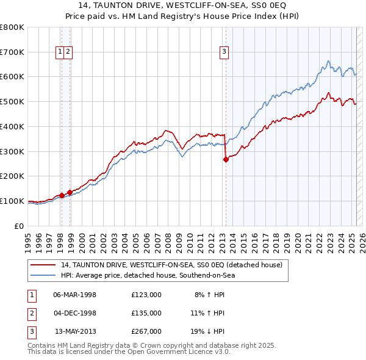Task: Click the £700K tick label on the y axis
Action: pyautogui.click(x=12, y=52)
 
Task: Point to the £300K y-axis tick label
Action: pyautogui.click(x=12, y=151)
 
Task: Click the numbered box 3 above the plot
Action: pyautogui.click(x=224, y=52)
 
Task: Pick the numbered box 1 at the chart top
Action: pyautogui.click(x=60, y=52)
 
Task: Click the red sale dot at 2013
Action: pyautogui.click(x=226, y=159)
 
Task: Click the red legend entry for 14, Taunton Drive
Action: pyautogui.click(x=171, y=265)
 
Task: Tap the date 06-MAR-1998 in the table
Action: pyautogui.click(x=75, y=294)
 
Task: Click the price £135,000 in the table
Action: pyautogui.click(x=146, y=313)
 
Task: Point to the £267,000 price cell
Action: pyautogui.click(x=146, y=331)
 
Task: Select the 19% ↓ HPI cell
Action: pyautogui.click(x=207, y=331)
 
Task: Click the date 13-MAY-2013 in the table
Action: pyautogui.click(x=75, y=331)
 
